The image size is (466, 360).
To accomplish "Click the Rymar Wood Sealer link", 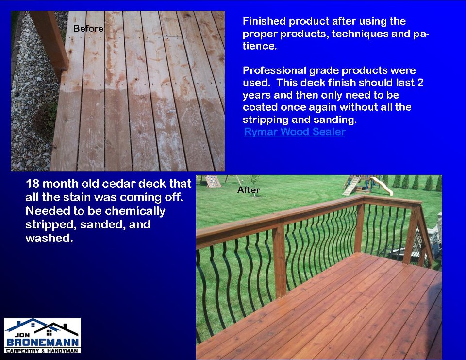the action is click(x=295, y=132).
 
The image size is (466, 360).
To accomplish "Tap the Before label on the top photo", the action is click(x=88, y=29).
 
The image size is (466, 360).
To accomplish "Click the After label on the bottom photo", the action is click(x=249, y=190).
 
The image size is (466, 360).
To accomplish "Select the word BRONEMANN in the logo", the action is click(x=43, y=342).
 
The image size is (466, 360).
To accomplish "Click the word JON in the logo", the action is click(x=22, y=335).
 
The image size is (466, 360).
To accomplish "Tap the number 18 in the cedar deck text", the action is click(x=33, y=184).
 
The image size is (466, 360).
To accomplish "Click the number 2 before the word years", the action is click(x=420, y=83).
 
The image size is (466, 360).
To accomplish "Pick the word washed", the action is click(x=49, y=238).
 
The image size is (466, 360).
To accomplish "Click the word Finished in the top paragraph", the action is click(x=264, y=21).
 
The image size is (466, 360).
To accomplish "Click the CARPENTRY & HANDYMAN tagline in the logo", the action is click(x=42, y=351).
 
